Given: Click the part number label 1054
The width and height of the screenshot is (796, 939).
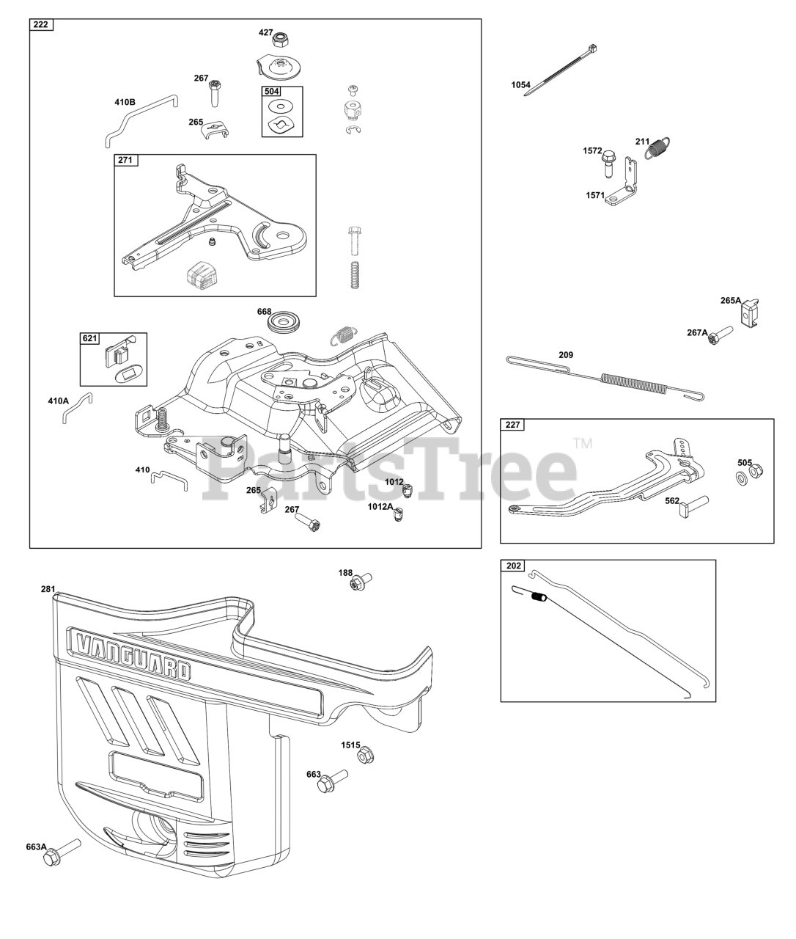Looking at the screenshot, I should click(x=520, y=85).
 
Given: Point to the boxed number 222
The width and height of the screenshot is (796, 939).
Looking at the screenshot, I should click(x=41, y=25).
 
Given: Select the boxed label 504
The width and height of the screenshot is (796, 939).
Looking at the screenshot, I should click(x=271, y=92).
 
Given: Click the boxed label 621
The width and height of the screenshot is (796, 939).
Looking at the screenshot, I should click(x=89, y=339).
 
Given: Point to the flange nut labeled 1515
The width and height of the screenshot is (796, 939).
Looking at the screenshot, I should click(x=367, y=755).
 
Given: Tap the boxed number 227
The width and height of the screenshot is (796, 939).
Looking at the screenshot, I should click(x=511, y=425).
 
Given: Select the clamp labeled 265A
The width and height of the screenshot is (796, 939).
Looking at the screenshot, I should click(x=752, y=312).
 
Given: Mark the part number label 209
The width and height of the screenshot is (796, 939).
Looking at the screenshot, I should click(x=566, y=355).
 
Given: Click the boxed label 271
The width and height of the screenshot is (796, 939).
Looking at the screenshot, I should click(x=126, y=160).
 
